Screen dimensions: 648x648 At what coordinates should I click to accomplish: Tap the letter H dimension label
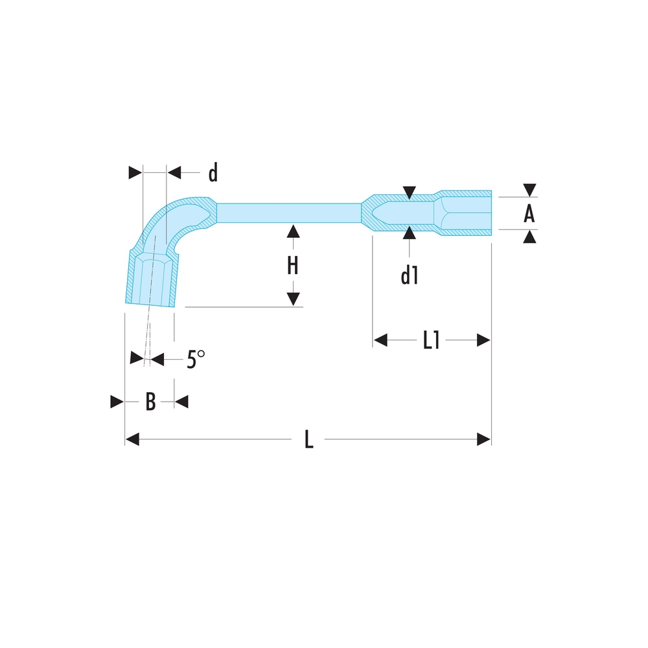point(293,266)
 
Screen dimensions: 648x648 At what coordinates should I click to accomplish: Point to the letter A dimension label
point(529,213)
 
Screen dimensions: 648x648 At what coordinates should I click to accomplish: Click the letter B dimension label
point(150,402)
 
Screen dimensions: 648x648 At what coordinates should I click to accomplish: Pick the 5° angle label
point(195,359)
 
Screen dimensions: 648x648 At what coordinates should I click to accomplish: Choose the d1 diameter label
point(409,276)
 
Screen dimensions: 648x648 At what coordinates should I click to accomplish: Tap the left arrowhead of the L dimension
point(132,440)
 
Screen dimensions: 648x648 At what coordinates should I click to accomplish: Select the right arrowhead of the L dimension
point(483,440)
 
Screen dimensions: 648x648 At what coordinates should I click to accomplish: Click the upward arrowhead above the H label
point(293,231)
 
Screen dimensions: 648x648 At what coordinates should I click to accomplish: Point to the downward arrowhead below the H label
point(293,299)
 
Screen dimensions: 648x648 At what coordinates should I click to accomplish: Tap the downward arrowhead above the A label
point(530,189)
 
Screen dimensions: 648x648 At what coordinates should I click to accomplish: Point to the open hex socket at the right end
point(467,213)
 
